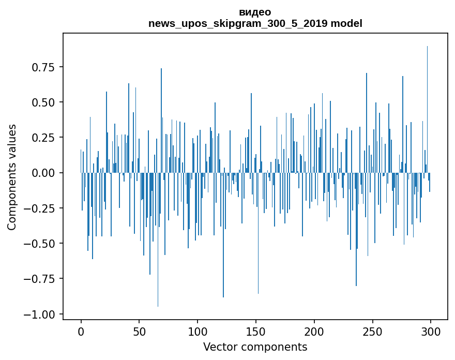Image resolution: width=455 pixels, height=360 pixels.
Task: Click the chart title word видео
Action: click(255, 12)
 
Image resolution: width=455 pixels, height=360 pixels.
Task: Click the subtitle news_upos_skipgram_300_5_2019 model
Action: click(255, 23)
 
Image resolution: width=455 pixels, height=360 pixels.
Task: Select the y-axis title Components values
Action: click(12, 177)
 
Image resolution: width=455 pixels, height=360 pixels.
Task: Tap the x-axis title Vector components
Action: click(255, 347)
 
